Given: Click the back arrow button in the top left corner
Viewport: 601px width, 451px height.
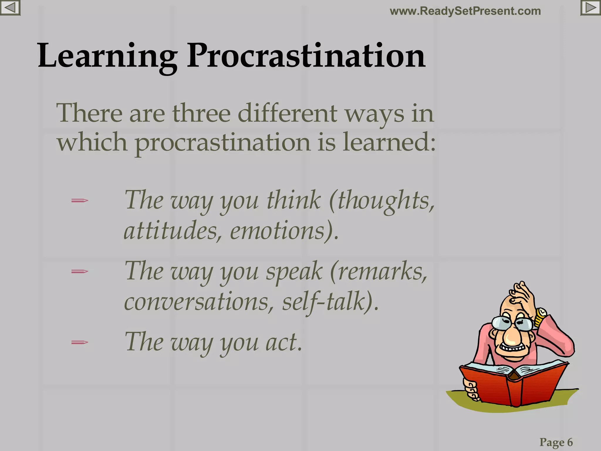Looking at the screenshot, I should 10,8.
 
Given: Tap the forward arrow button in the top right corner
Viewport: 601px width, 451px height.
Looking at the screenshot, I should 590,8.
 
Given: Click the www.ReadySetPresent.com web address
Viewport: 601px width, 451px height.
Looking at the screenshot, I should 465,11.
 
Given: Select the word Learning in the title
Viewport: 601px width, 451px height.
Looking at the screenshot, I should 107,56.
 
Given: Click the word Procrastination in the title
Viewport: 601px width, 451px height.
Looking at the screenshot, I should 306,56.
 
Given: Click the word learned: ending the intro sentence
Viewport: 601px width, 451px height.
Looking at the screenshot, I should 389,142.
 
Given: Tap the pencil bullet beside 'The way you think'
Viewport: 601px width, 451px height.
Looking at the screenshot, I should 80,201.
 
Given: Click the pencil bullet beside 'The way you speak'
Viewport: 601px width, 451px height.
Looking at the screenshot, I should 80,272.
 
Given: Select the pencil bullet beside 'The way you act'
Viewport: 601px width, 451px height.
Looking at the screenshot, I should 80,342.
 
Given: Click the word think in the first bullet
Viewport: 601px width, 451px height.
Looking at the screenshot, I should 293,200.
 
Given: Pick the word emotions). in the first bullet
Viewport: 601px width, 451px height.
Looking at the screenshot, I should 284,231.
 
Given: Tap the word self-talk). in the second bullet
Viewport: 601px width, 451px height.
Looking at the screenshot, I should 330,302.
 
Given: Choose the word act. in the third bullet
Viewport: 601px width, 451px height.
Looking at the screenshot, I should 283,342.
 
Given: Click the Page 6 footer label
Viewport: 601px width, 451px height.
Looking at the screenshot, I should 556,442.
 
